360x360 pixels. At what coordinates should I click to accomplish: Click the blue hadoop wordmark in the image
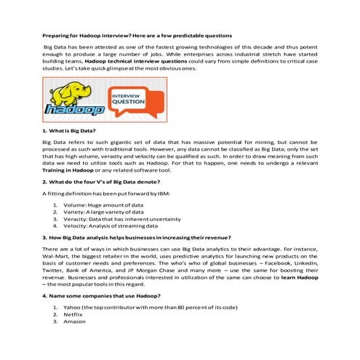(x=73, y=111)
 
